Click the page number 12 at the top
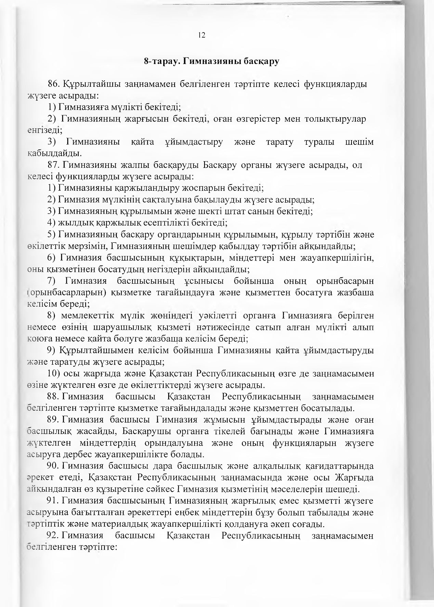click(x=202, y=35)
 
